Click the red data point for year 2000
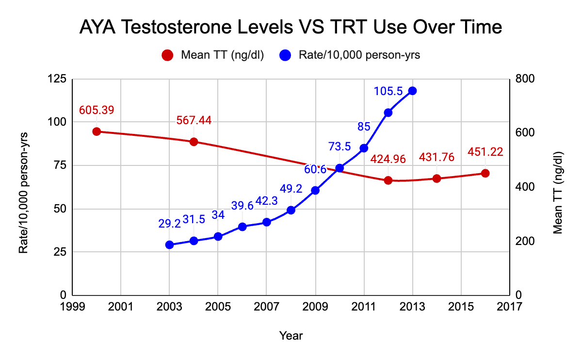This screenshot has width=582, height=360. [97, 131]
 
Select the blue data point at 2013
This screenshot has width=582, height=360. [413, 91]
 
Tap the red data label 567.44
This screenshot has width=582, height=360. [194, 121]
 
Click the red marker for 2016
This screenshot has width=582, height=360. [485, 173]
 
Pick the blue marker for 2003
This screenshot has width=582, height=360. [169, 245]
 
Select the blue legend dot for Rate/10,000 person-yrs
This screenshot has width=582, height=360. [285, 55]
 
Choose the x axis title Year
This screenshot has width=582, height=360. [291, 335]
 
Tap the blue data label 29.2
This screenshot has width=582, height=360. [169, 224]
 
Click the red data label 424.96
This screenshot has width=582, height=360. [388, 159]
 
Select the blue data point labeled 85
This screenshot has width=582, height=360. [364, 148]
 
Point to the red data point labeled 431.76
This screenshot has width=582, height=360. [436, 179]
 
